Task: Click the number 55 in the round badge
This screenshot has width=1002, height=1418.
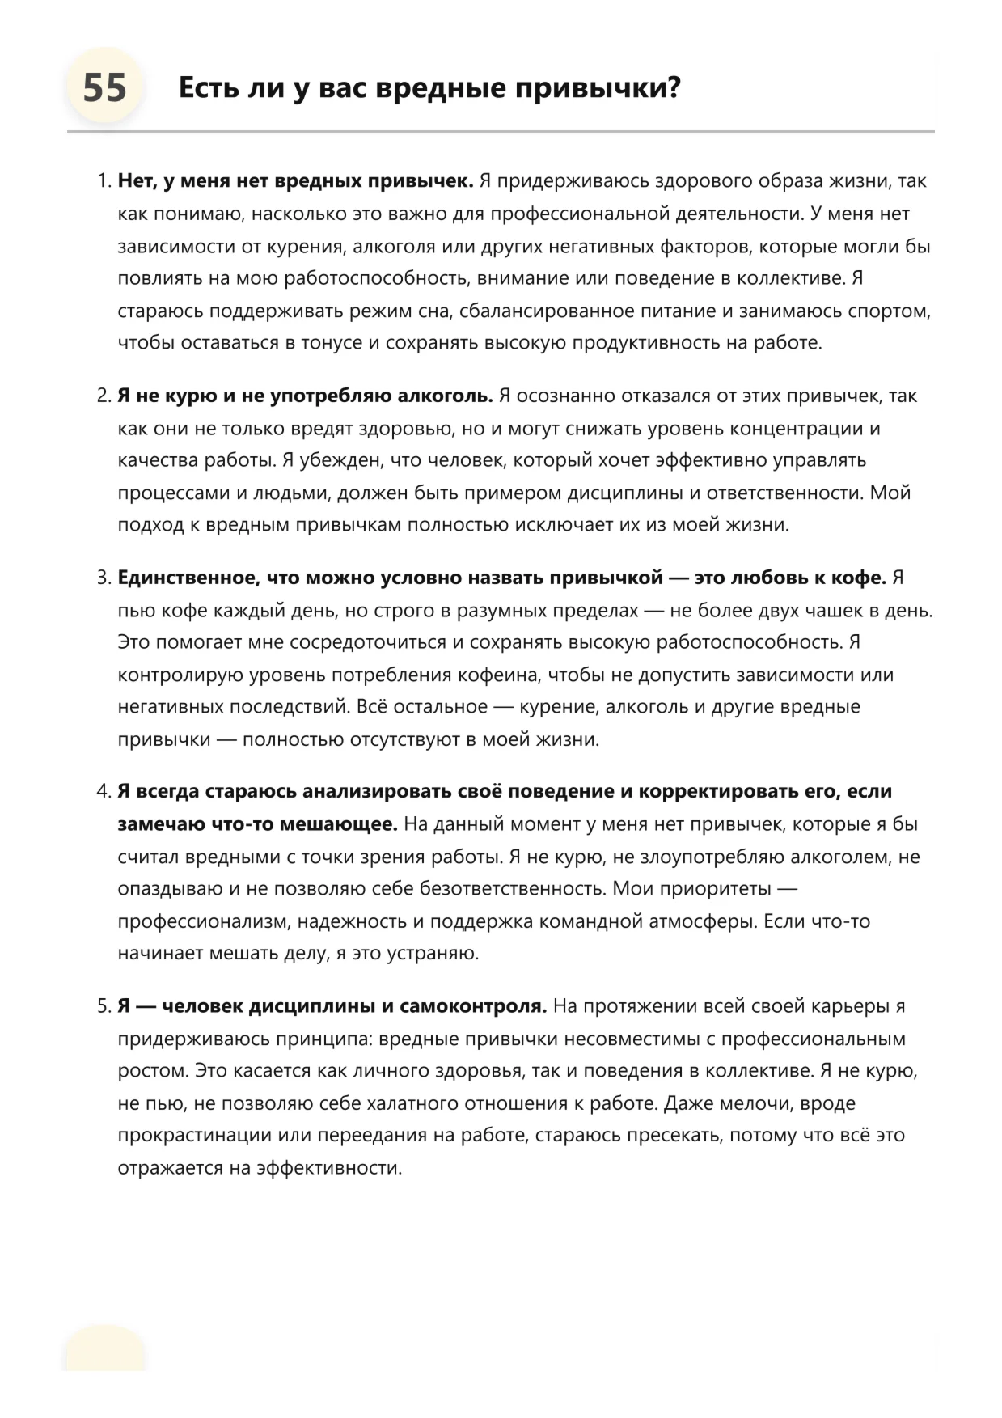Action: (x=105, y=87)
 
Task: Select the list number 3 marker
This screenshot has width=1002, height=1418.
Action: (x=103, y=578)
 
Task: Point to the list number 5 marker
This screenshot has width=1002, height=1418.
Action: (x=103, y=1006)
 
